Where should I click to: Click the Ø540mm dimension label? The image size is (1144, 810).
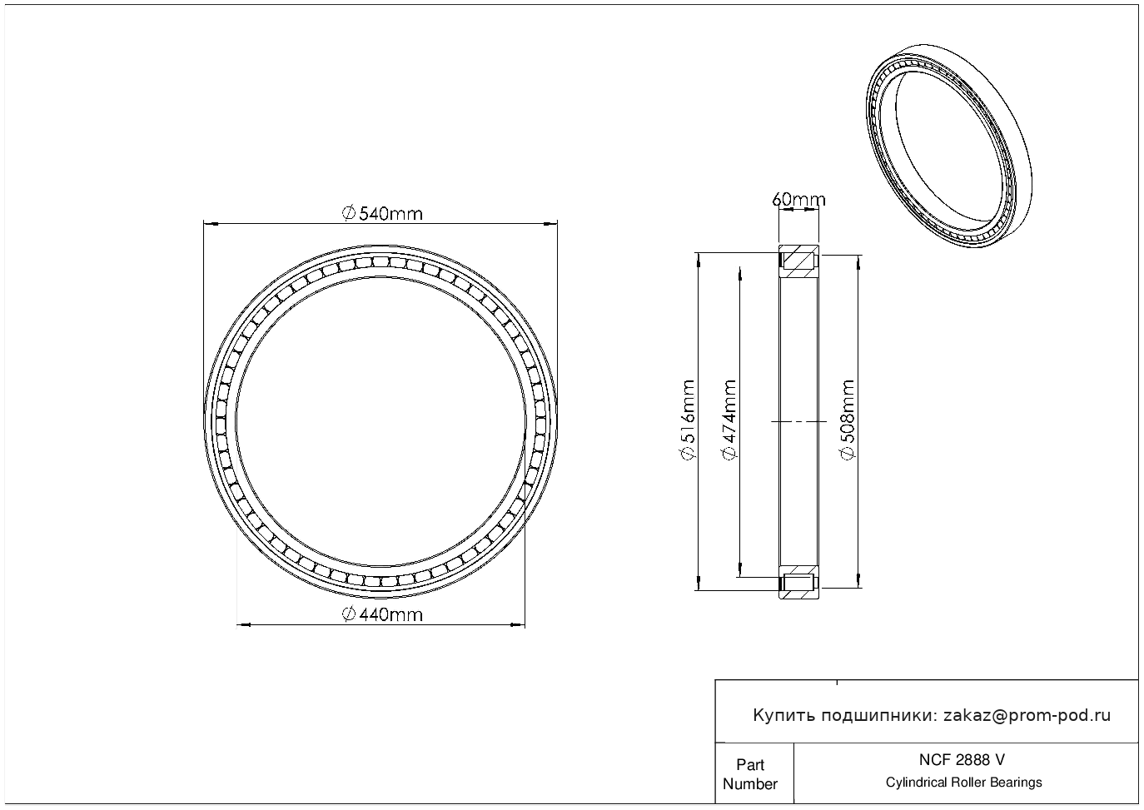click(x=382, y=213)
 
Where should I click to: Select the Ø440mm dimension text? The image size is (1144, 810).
click(x=382, y=614)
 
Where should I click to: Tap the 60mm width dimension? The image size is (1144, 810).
click(x=798, y=199)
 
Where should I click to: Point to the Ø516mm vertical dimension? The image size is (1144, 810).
click(x=688, y=420)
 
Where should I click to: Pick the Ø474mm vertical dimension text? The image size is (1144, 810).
click(x=729, y=420)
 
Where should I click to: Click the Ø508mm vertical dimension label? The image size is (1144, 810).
click(x=848, y=420)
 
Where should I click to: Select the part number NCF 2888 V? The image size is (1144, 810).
click(x=962, y=760)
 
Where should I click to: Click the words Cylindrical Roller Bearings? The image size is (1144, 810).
click(x=963, y=783)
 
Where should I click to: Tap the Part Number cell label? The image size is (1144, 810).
click(x=749, y=774)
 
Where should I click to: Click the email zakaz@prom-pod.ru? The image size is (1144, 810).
click(x=1027, y=716)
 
